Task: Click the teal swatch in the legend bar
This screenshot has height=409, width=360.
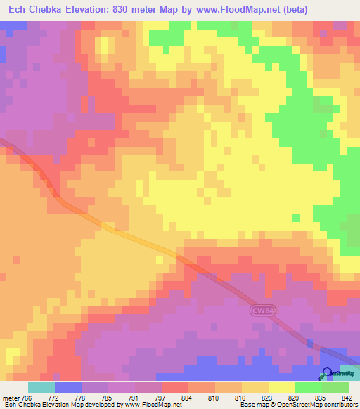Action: point(41,388)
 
